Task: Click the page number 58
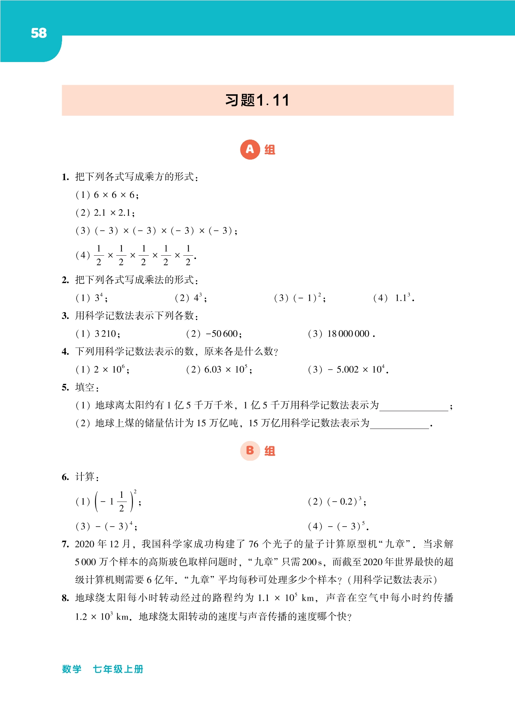pos(39,33)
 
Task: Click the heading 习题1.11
pos(257,101)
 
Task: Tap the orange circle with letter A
pos(250,149)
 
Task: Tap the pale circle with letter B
pos(250,450)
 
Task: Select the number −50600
pos(223,334)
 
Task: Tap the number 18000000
pos(349,334)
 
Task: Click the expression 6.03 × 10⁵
pos(227,370)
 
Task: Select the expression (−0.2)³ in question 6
pos(346,502)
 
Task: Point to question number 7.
pos(65,544)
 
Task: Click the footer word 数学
pos(72,669)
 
